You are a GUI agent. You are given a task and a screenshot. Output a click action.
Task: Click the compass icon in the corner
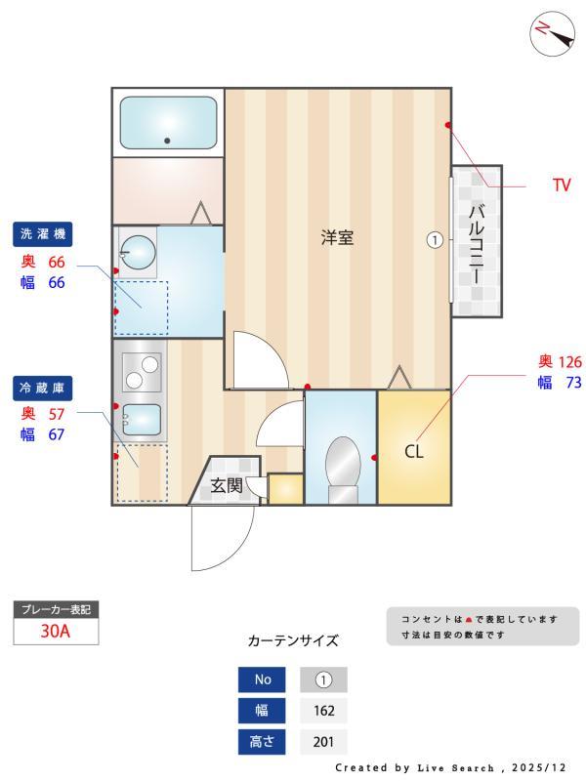click(552, 33)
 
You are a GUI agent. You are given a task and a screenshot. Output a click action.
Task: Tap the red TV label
click(561, 185)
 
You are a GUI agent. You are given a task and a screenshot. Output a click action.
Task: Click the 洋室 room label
click(337, 237)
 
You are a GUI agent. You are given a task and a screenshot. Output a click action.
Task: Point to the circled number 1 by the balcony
click(435, 238)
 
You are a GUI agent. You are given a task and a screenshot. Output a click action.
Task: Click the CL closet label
click(414, 452)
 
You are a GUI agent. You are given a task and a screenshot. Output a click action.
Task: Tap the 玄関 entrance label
click(227, 485)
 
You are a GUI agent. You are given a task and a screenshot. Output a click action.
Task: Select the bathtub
click(168, 122)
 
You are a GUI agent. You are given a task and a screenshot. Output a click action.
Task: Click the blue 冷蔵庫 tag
click(43, 388)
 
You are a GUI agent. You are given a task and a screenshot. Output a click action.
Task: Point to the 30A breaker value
click(56, 631)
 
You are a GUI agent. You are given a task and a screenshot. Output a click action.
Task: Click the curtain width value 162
click(323, 711)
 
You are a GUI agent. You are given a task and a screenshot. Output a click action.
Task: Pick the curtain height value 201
click(323, 742)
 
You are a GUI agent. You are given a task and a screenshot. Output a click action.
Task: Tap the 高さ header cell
click(262, 742)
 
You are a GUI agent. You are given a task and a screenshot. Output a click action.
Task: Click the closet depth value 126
click(569, 362)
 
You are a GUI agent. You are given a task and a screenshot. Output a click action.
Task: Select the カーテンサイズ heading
click(293, 641)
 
